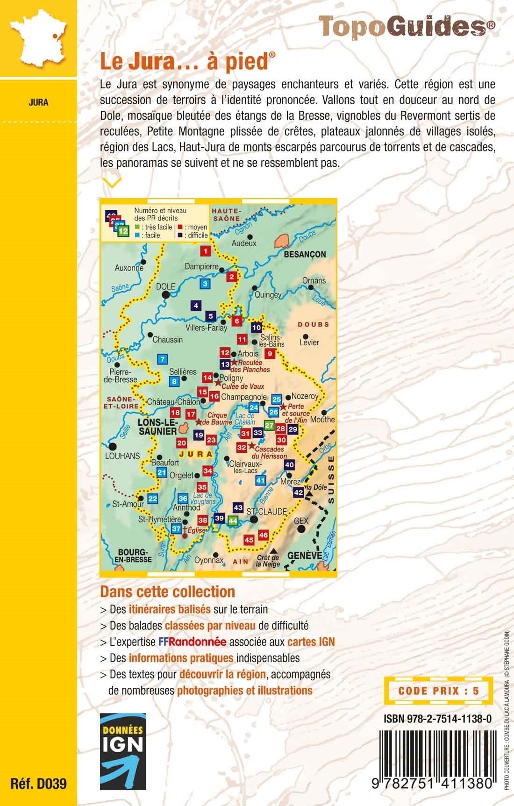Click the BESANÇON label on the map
pyautogui.click(x=304, y=254)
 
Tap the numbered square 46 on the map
pyautogui.click(x=263, y=535)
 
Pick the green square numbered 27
pyautogui.click(x=269, y=425)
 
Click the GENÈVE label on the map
pyautogui.click(x=305, y=556)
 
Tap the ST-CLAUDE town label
pyautogui.click(x=266, y=512)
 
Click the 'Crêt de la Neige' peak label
pyautogui.click(x=268, y=561)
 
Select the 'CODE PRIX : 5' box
pyautogui.click(x=438, y=691)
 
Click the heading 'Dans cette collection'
pyautogui.click(x=167, y=592)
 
